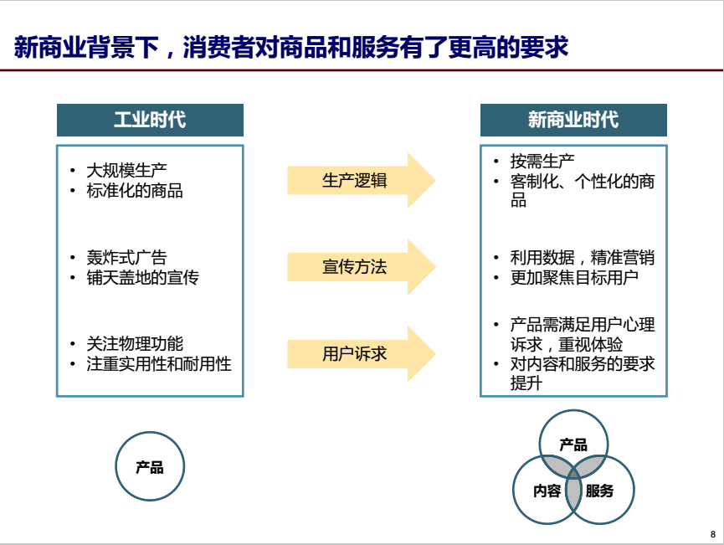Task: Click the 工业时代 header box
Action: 150,120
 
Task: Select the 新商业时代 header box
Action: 573,120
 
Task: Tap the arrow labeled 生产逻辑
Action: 361,180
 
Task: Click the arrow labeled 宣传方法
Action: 361,267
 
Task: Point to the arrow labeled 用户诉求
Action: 361,354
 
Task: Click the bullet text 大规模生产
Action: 126,171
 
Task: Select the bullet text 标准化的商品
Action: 135,190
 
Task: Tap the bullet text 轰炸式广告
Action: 126,257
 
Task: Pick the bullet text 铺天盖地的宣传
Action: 142,278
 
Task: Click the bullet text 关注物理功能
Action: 135,343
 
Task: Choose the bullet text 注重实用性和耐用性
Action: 159,364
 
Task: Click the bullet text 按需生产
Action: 542,162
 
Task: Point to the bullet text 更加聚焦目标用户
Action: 574,278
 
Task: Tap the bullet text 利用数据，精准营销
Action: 583,257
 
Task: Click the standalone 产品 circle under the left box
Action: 150,466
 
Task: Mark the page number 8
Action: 713,534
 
